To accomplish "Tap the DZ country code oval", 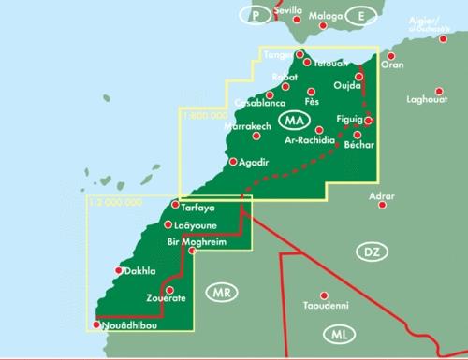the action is [x=371, y=251].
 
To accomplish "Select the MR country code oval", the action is [x=221, y=292].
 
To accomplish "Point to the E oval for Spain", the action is [x=358, y=16].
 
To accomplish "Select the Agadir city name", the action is [x=254, y=163].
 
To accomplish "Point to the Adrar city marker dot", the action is [x=381, y=209].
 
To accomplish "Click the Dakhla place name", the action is [x=139, y=272].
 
